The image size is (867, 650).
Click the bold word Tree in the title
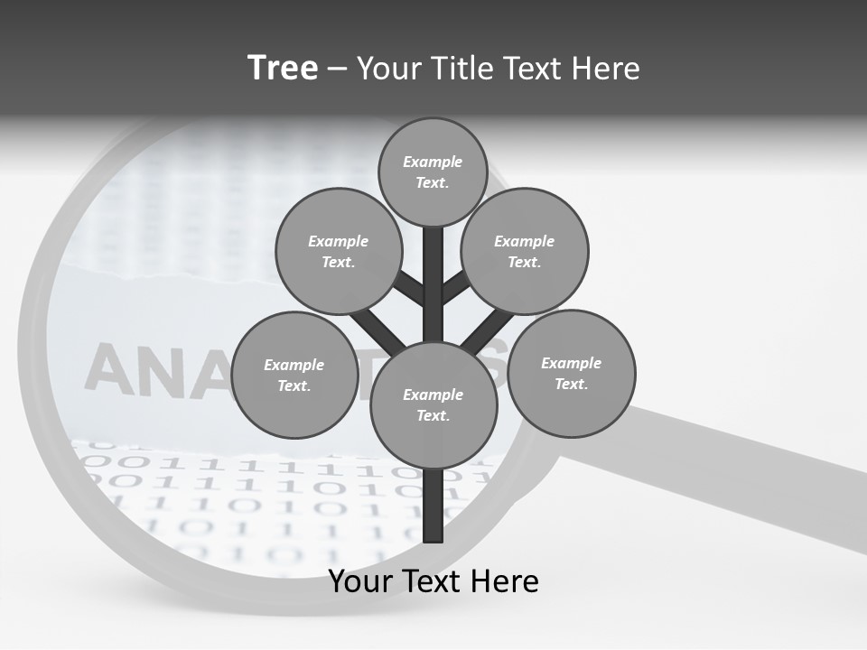(x=283, y=68)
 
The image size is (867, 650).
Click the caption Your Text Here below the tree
(x=433, y=581)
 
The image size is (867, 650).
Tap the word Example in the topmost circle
(x=433, y=162)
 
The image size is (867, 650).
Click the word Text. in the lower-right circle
(x=571, y=384)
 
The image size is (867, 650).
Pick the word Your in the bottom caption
(x=360, y=581)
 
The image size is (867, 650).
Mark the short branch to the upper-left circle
(x=409, y=288)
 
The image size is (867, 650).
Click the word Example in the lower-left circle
(x=294, y=365)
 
